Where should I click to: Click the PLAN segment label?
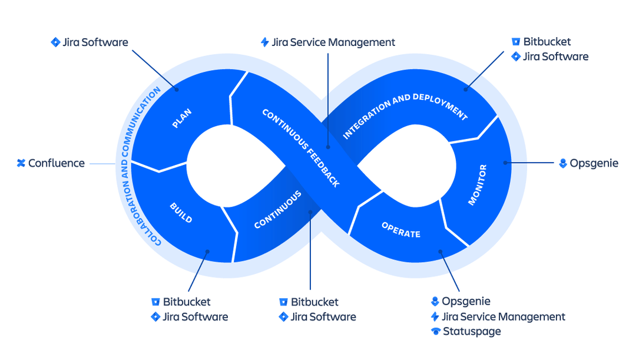coord(182,118)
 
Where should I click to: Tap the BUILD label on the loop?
coord(181,213)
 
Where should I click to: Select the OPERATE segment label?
coord(401,230)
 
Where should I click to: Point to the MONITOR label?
coord(477,185)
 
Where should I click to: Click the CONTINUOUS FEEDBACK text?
coord(300,147)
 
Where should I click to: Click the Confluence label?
coord(57,163)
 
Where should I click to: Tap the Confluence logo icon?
coord(21,163)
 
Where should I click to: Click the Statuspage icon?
coord(435,331)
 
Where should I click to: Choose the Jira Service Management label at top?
coord(333,42)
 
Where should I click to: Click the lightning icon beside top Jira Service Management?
coord(265,42)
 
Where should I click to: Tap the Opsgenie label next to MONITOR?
coord(594,163)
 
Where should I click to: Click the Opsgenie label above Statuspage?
coord(466,302)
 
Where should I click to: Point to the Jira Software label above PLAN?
coord(95,42)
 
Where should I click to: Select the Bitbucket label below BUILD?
coord(187,302)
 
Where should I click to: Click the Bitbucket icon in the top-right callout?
coord(516,42)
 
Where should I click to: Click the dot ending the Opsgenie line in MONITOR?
coord(505,163)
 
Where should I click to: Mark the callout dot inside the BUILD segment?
coord(207,252)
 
